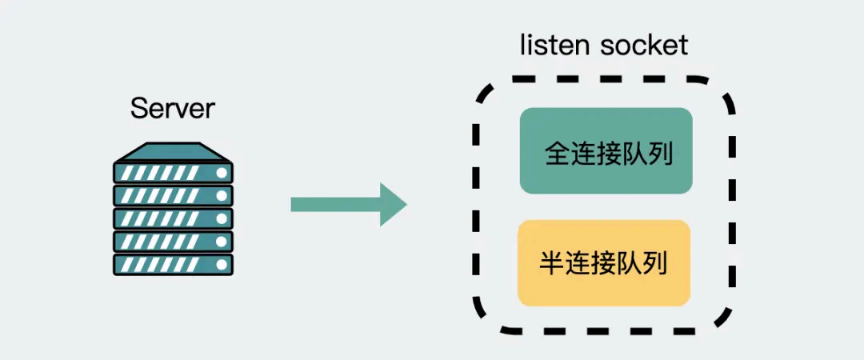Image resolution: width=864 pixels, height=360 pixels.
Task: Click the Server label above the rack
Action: click(x=173, y=108)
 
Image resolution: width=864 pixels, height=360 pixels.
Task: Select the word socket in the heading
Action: click(x=644, y=45)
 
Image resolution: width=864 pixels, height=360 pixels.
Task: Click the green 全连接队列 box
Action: click(x=606, y=151)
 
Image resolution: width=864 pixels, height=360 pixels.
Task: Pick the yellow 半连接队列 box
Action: click(x=603, y=263)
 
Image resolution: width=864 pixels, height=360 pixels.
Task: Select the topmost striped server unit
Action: click(x=173, y=172)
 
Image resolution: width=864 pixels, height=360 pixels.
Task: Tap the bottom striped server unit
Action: click(x=173, y=265)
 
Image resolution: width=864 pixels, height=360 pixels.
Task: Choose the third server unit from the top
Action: click(x=173, y=218)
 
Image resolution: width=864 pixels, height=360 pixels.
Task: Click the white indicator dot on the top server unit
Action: click(x=222, y=172)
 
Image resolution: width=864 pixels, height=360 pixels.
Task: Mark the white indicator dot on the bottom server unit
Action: click(x=222, y=265)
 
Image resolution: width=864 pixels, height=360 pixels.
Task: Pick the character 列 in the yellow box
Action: click(x=654, y=263)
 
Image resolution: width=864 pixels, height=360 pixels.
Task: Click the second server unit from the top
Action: click(x=173, y=195)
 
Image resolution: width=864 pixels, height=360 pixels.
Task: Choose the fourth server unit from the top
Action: click(x=173, y=242)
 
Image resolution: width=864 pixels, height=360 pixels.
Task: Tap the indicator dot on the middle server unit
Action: click(x=222, y=218)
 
